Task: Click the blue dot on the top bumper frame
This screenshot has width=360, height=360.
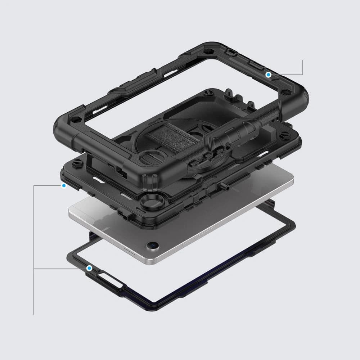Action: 268,75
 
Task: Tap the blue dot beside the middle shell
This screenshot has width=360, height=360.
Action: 64,186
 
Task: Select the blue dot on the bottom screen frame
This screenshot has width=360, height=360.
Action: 89,268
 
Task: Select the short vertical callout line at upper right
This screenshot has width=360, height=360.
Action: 302,67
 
